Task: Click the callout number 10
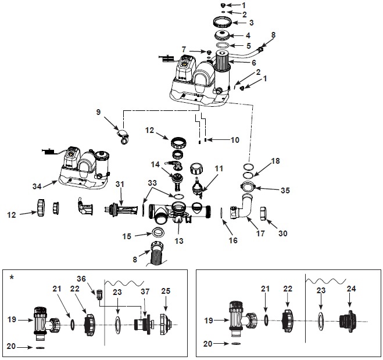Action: point(235,140)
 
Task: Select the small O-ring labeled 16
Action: point(222,213)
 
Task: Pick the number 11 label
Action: point(219,168)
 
